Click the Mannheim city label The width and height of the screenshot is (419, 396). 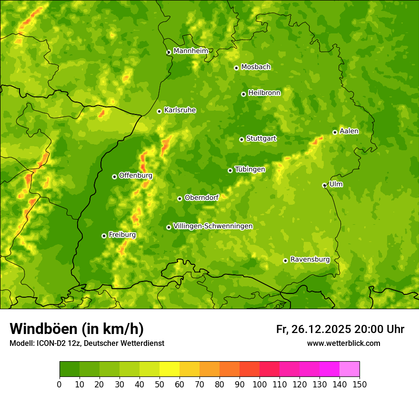(190, 51)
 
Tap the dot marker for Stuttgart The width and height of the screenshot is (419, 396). (241, 139)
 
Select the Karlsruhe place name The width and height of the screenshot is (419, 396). (180, 110)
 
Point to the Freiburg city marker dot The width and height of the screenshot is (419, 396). (104, 236)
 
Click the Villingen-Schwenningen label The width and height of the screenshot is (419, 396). (213, 226)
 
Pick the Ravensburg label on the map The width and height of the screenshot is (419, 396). (309, 260)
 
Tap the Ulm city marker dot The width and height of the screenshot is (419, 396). (324, 185)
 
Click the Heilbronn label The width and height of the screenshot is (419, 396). (264, 93)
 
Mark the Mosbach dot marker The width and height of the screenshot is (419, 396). (236, 68)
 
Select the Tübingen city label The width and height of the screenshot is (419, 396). (249, 169)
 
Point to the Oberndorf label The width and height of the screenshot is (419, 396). (201, 198)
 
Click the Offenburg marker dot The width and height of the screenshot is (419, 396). (114, 177)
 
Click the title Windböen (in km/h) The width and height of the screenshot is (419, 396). (77, 329)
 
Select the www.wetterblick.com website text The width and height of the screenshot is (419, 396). (343, 343)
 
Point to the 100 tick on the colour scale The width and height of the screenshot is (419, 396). (259, 384)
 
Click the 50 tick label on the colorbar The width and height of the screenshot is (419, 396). (160, 384)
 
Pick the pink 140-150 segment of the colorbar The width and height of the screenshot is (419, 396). (349, 369)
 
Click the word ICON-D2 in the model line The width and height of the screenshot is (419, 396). (49, 343)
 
